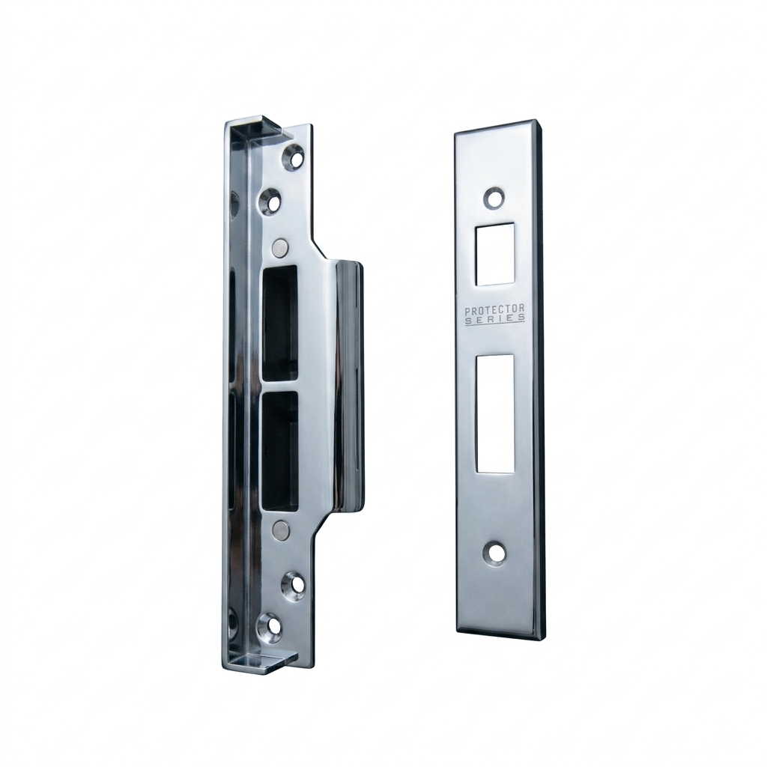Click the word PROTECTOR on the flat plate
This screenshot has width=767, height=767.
tap(494, 309)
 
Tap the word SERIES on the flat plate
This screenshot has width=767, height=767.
tap(494, 319)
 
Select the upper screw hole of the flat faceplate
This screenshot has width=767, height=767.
tap(494, 198)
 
